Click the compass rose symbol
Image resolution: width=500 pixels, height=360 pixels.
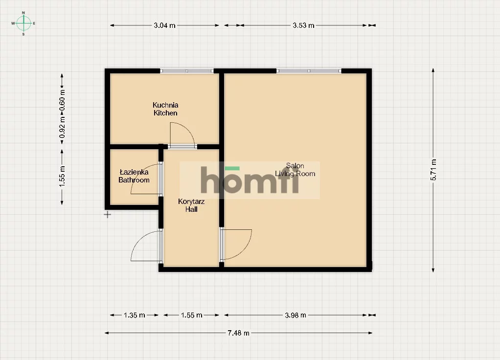[x=23, y=23]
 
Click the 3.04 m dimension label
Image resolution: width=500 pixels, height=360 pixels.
[x=164, y=25]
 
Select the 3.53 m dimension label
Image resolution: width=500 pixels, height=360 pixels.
[x=303, y=25]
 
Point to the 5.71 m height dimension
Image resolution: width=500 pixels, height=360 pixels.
[x=433, y=170]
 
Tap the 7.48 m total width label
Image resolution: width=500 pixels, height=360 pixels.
[x=239, y=333]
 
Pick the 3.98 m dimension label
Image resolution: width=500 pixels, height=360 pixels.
[x=295, y=315]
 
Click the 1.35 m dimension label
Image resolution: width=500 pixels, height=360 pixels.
[x=135, y=315]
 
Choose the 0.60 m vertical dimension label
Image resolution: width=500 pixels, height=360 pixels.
[x=62, y=99]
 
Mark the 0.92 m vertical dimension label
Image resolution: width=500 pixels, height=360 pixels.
[x=62, y=127]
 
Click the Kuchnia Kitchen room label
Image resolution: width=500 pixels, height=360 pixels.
[x=165, y=109]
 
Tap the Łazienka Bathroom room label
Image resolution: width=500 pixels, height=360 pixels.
[x=134, y=176]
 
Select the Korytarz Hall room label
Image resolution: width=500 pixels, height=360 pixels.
[x=191, y=205]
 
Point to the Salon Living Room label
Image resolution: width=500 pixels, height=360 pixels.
[x=295, y=170]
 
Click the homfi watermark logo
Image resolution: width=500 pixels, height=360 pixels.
[x=250, y=180]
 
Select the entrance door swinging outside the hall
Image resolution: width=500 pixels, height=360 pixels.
[x=138, y=240]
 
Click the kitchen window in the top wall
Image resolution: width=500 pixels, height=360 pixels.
[x=186, y=71]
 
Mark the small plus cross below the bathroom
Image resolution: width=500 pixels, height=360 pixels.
[x=108, y=215]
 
